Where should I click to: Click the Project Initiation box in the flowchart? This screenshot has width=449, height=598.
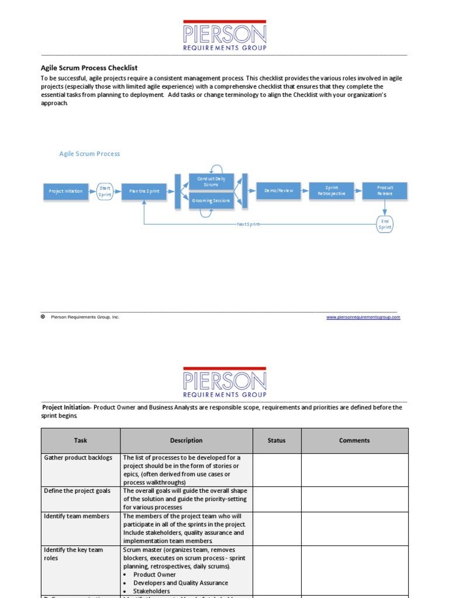click(x=65, y=192)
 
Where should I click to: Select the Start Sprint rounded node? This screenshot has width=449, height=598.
click(x=105, y=192)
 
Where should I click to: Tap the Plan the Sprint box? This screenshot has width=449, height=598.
click(x=144, y=192)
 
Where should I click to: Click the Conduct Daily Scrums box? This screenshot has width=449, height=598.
click(x=211, y=181)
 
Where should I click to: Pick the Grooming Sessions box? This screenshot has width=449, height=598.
click(x=211, y=200)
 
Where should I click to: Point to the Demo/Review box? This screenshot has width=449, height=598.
click(x=279, y=190)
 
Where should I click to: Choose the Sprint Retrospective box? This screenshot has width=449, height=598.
click(x=331, y=190)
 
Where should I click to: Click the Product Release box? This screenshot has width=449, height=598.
click(x=385, y=190)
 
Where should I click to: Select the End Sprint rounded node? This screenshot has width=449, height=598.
click(x=385, y=224)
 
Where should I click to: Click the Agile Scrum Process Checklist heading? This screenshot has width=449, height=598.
click(x=89, y=68)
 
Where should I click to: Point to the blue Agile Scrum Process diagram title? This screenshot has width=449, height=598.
click(x=89, y=154)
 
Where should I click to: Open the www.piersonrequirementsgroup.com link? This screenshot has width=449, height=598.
click(x=363, y=317)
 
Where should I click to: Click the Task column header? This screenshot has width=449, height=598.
click(x=81, y=440)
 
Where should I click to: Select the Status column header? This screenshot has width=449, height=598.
click(x=277, y=440)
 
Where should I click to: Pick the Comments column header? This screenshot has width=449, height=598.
click(x=354, y=440)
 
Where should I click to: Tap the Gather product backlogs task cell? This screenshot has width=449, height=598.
click(x=78, y=458)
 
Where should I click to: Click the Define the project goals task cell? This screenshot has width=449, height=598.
click(x=77, y=491)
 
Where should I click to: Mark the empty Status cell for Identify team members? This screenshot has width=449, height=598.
click(x=277, y=529)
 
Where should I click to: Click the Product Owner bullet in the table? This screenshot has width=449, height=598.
click(x=154, y=575)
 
